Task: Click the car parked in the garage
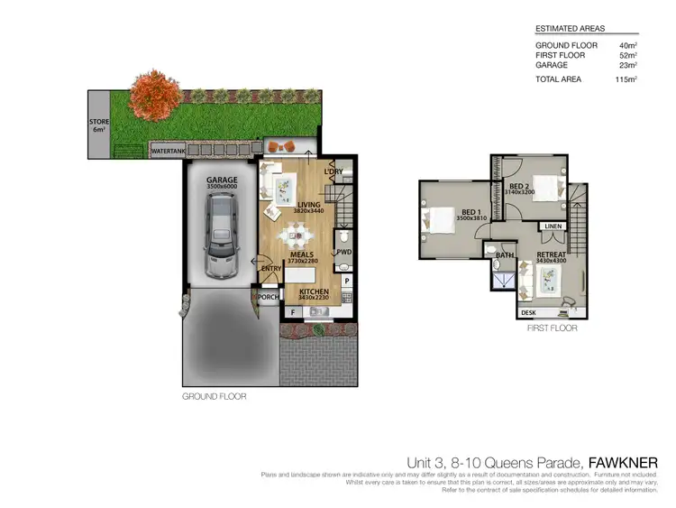coord(221,236)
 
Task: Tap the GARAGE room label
coord(222,180)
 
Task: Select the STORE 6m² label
coord(98,125)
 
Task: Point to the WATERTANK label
coord(169,150)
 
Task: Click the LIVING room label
coord(310,205)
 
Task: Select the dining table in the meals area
coord(295,237)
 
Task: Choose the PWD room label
coord(343,253)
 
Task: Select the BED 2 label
coord(518,187)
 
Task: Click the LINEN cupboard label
coord(553,226)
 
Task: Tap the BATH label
coord(504,255)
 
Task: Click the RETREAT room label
coord(551,255)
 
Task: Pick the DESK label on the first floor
coord(529,313)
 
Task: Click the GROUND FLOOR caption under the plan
coord(215,395)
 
